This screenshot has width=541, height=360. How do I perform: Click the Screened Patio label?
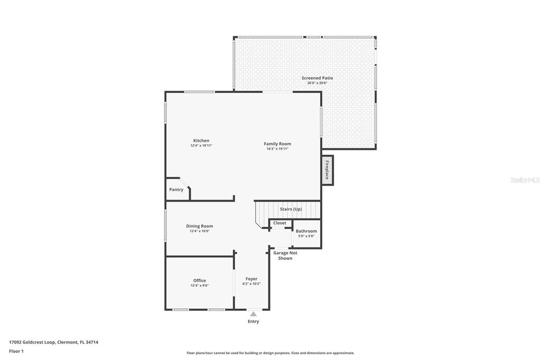tap(317, 78)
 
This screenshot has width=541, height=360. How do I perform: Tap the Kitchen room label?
tap(201, 140)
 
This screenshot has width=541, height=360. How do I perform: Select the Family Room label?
tap(277, 144)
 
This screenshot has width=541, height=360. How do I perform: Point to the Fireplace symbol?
tap(328, 170)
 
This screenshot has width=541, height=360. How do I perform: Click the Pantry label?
tap(176, 190)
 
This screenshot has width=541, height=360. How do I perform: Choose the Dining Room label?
tap(199, 226)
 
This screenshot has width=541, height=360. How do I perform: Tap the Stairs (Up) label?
tap(291, 209)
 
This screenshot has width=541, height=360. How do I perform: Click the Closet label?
tap(279, 223)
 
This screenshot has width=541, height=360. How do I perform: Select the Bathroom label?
tap(306, 231)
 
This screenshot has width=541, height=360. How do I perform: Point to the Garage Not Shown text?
tap(285, 255)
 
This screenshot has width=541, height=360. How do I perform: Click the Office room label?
tap(199, 280)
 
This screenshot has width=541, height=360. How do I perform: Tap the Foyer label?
tap(251, 279)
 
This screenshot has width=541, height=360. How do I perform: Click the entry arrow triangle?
tap(253, 314)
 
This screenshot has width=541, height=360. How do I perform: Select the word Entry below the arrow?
tap(253, 321)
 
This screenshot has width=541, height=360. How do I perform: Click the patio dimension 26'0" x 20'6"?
tap(317, 83)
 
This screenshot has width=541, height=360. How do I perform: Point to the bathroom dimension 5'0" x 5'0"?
tap(306, 236)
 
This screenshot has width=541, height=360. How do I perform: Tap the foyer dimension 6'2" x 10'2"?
tap(251, 284)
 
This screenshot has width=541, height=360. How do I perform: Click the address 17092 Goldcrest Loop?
tap(32, 342)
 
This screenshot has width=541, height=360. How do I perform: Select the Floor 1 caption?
tap(16, 351)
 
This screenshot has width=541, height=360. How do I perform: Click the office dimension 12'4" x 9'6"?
tap(199, 286)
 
